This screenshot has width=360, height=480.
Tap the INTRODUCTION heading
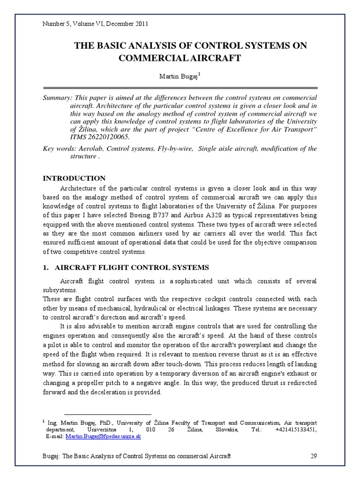[74, 178]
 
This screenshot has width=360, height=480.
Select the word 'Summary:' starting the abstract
[56, 97]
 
